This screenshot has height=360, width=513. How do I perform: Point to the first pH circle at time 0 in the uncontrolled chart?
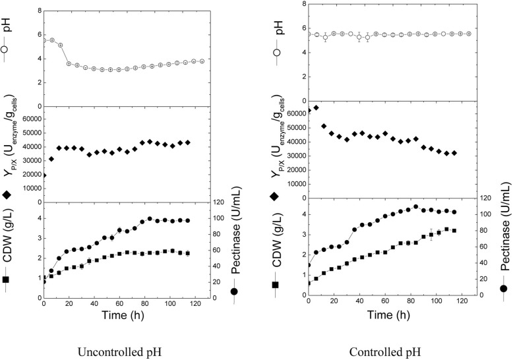tap(44, 40)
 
